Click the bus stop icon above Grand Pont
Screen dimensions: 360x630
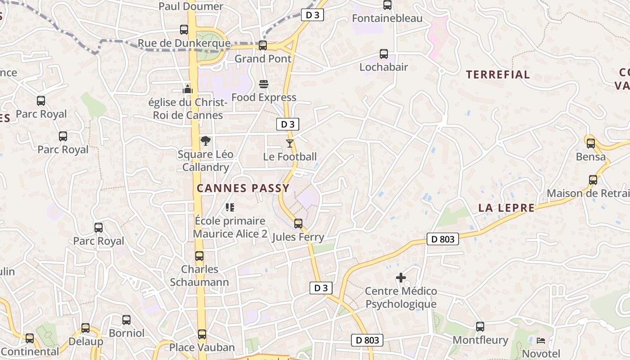point(263,45)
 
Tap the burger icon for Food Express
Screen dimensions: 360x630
point(264,84)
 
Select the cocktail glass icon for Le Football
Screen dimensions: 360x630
point(289,144)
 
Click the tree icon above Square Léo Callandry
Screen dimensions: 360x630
point(206,141)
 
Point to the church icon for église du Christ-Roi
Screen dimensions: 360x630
point(188,89)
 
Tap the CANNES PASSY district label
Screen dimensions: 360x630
point(243,188)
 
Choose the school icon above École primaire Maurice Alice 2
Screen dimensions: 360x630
point(230,207)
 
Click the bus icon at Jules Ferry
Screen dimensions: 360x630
point(298,223)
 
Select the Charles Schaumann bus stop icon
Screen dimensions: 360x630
point(199,256)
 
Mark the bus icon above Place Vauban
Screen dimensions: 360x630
point(202,334)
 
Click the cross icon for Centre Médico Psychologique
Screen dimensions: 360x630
point(400,278)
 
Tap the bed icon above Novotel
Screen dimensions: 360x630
point(541,341)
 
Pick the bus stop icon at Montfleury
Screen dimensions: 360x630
point(480,327)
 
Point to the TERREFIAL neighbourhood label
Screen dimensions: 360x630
point(498,75)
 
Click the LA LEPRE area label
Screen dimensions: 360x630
point(506,207)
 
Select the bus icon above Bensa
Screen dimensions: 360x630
point(591,144)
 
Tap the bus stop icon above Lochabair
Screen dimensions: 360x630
point(384,54)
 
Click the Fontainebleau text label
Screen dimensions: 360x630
point(387,18)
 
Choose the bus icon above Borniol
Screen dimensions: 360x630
point(126,320)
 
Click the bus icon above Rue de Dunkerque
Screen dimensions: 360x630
point(184,30)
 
